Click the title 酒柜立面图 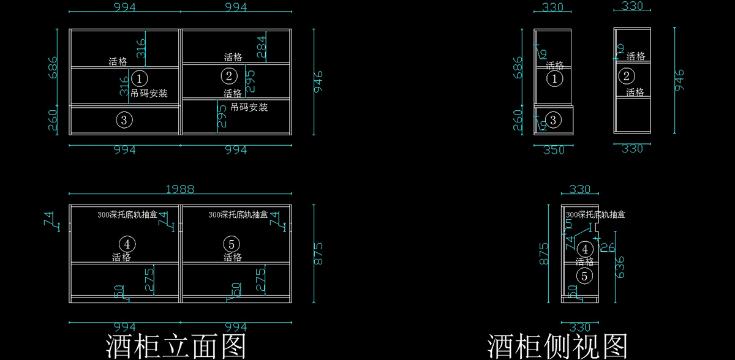coord(176,345)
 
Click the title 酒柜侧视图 coord(557,345)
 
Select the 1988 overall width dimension coord(181,189)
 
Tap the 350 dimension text coord(554,150)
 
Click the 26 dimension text coord(607,247)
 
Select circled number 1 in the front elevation coord(140,78)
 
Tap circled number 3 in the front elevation coord(124,120)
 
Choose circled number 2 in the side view coord(626,76)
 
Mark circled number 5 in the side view coord(585,276)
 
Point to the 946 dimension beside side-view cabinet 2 coord(680,80)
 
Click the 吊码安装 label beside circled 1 coord(149,94)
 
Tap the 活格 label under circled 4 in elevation coord(121,257)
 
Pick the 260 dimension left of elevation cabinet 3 coord(53,120)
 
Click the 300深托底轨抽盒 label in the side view coord(595,215)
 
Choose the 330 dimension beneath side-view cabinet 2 coord(632,149)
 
